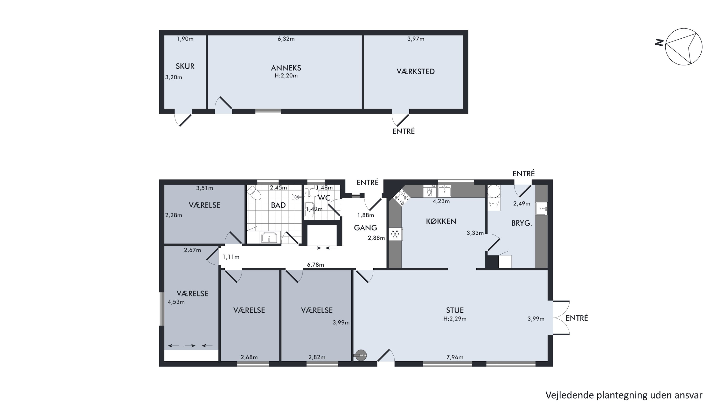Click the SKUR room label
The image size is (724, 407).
point(185,66)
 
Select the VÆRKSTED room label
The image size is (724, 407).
point(415,72)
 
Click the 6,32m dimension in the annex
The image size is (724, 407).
point(286,39)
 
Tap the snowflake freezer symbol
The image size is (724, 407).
point(395,234)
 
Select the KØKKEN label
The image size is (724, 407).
point(441,221)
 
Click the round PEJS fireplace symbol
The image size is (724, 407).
point(361,355)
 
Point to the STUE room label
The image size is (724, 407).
point(455,310)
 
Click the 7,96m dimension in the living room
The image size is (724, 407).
point(455,357)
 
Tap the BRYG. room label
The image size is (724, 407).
point(521,223)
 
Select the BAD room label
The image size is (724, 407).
point(278,205)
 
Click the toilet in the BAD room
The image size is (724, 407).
point(254,193)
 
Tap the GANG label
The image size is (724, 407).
point(365,228)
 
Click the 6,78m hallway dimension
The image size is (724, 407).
point(315,265)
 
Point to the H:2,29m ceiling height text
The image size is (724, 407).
point(455,319)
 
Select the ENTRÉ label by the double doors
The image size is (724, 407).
point(577,318)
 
